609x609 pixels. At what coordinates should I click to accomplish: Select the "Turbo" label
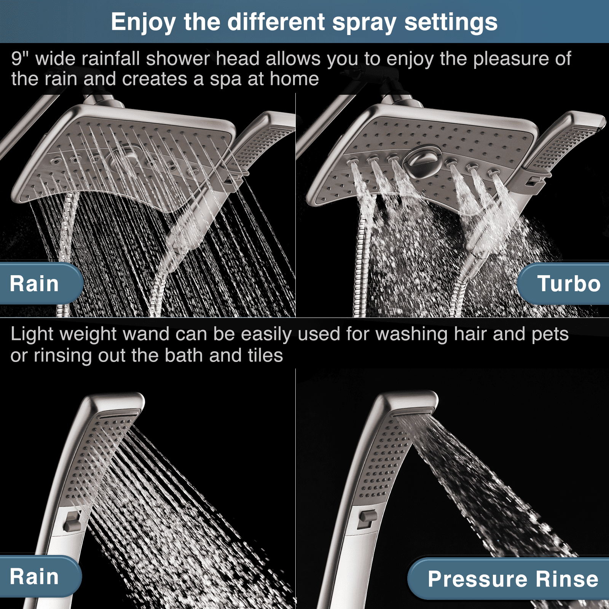[569, 284]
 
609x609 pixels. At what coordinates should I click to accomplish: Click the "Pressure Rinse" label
[513, 579]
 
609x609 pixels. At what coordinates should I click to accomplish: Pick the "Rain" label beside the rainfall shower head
[34, 284]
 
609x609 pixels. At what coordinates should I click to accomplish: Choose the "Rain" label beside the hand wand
[34, 577]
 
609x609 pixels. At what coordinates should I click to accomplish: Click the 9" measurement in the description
[20, 59]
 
